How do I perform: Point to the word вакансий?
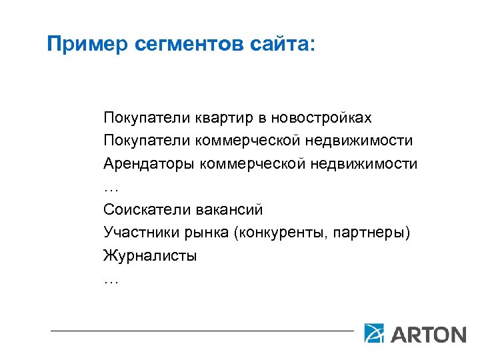[x=229, y=209]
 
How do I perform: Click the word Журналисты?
[x=150, y=255]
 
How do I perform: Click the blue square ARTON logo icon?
[x=374, y=332]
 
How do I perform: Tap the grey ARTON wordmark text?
[x=428, y=333]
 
